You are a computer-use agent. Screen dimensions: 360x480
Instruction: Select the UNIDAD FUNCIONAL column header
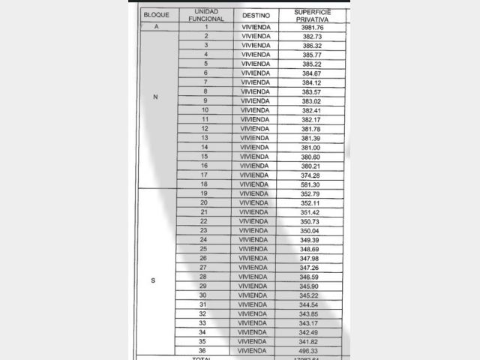(x=205, y=15)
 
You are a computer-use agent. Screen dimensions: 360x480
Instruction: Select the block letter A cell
(x=156, y=27)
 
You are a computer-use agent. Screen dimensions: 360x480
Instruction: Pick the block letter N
(x=155, y=96)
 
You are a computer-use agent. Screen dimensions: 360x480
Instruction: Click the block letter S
(x=154, y=280)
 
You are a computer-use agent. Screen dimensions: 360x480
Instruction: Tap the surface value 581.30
(x=309, y=184)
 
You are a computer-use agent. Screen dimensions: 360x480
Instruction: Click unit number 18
(x=204, y=184)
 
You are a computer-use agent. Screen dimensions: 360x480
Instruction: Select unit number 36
(x=202, y=350)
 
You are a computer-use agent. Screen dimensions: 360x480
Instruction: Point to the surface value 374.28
(x=309, y=175)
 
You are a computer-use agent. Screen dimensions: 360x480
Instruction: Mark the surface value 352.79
(x=309, y=194)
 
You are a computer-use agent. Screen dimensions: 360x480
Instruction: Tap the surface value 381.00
(x=309, y=147)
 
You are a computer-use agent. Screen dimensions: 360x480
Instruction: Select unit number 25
(x=203, y=249)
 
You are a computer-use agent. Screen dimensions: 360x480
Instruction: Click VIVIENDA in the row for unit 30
(x=253, y=295)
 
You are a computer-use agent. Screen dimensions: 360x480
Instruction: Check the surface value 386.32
(x=312, y=46)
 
